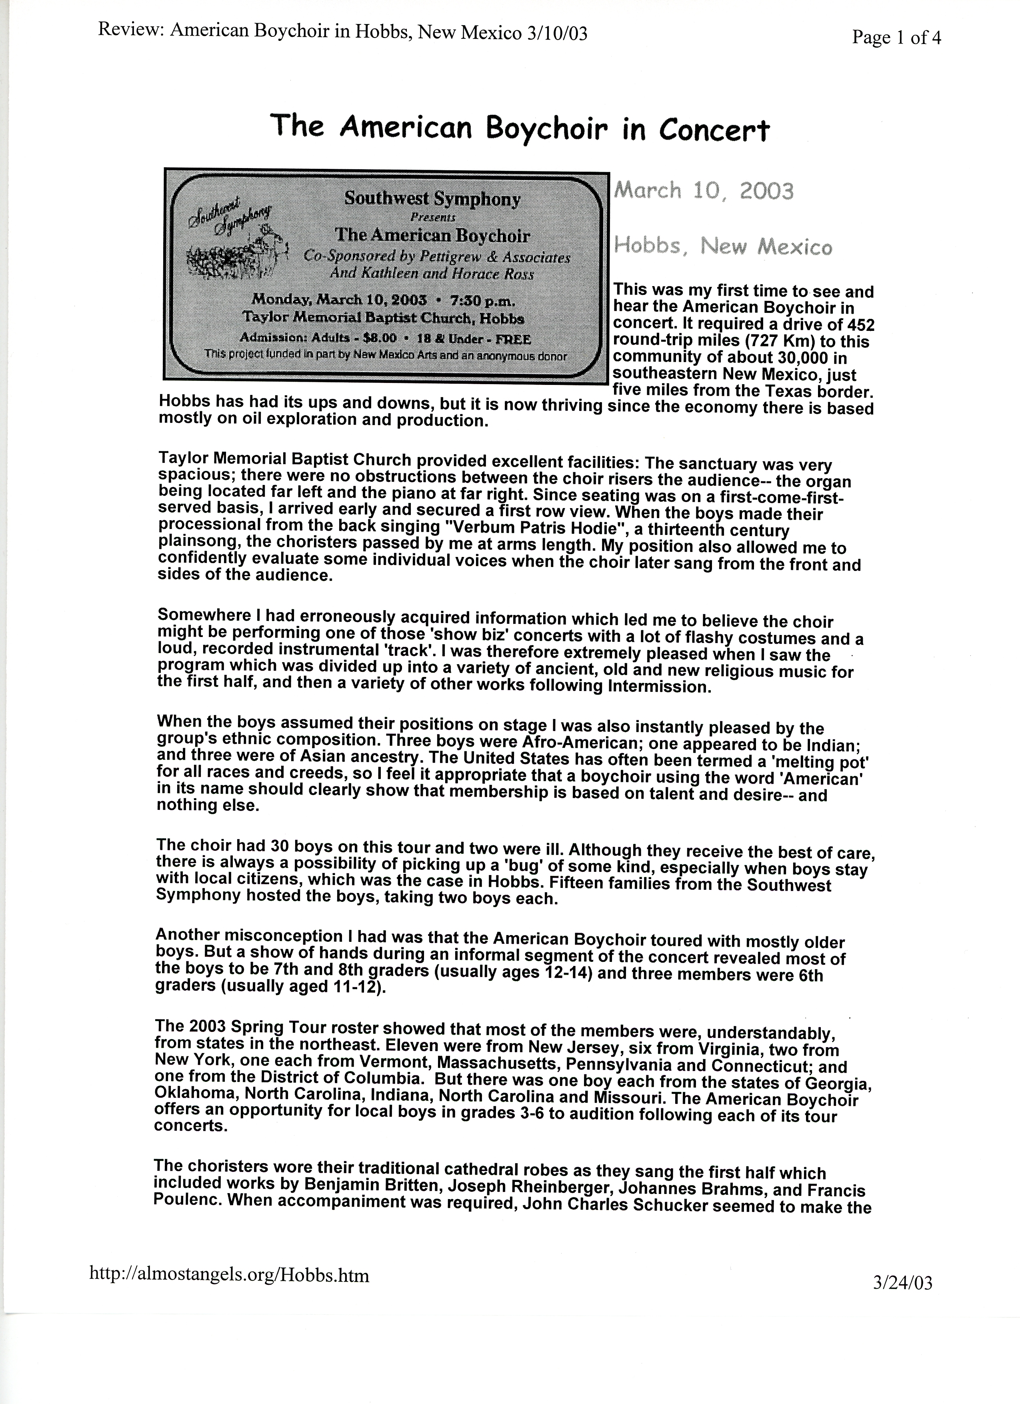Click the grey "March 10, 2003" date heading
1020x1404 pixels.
click(x=703, y=191)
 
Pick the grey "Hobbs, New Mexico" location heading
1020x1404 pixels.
click(x=722, y=247)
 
